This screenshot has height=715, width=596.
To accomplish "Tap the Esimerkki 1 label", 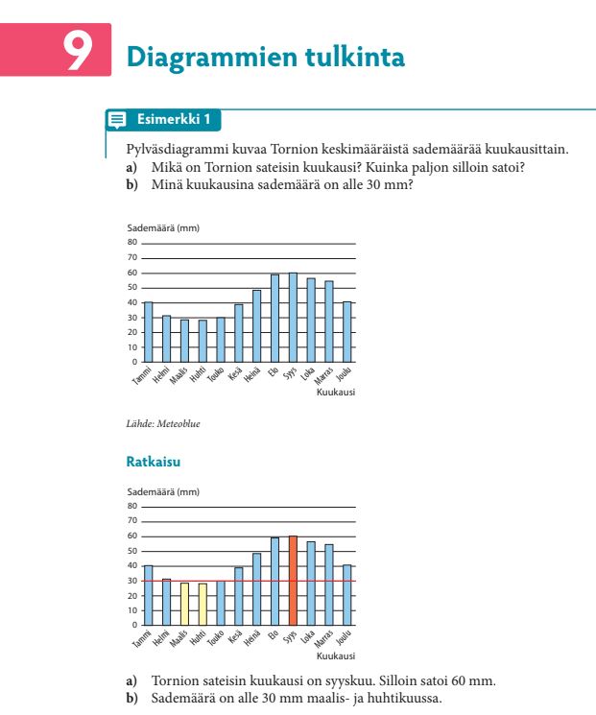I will pos(174,120).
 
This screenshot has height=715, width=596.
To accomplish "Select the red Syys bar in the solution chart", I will pos(293,581).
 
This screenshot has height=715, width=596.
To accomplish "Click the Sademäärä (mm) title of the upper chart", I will pos(162,228).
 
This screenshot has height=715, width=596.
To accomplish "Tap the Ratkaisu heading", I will pos(153,463).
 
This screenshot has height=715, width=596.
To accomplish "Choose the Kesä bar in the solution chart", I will pos(238,596).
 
